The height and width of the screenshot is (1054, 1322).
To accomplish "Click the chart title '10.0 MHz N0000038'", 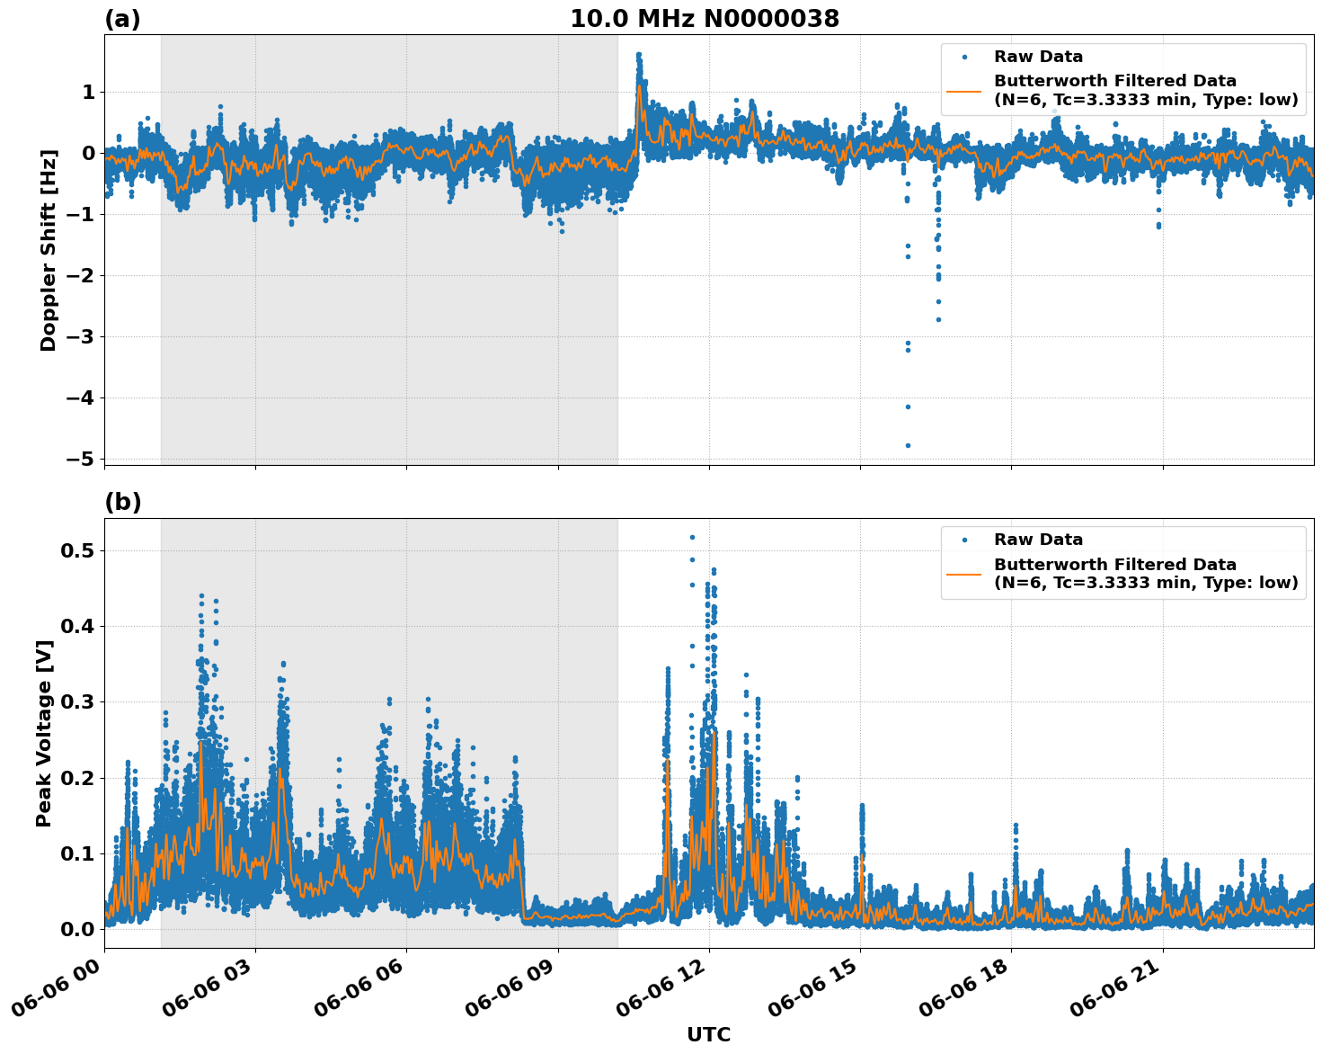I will pyautogui.click(x=705, y=19).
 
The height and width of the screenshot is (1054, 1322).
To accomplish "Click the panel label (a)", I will pyautogui.click(x=122, y=19).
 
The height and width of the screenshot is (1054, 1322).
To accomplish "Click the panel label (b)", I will pyautogui.click(x=122, y=502).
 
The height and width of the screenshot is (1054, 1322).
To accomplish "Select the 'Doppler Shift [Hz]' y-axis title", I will pyautogui.click(x=49, y=250).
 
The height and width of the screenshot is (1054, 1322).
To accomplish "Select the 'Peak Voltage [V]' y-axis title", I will pyautogui.click(x=44, y=733).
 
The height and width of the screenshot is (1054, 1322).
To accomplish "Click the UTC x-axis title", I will pyautogui.click(x=708, y=1034).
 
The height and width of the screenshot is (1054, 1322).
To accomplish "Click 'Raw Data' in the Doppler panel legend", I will pyautogui.click(x=1038, y=57).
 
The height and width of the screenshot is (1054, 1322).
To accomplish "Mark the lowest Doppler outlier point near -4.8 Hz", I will pyautogui.click(x=908, y=445).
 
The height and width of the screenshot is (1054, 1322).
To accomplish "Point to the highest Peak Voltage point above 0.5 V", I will pyautogui.click(x=692, y=537).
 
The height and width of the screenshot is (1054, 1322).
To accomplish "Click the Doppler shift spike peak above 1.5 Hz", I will pyautogui.click(x=638, y=55).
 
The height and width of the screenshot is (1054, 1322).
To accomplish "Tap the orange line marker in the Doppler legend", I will pyautogui.click(x=964, y=90).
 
